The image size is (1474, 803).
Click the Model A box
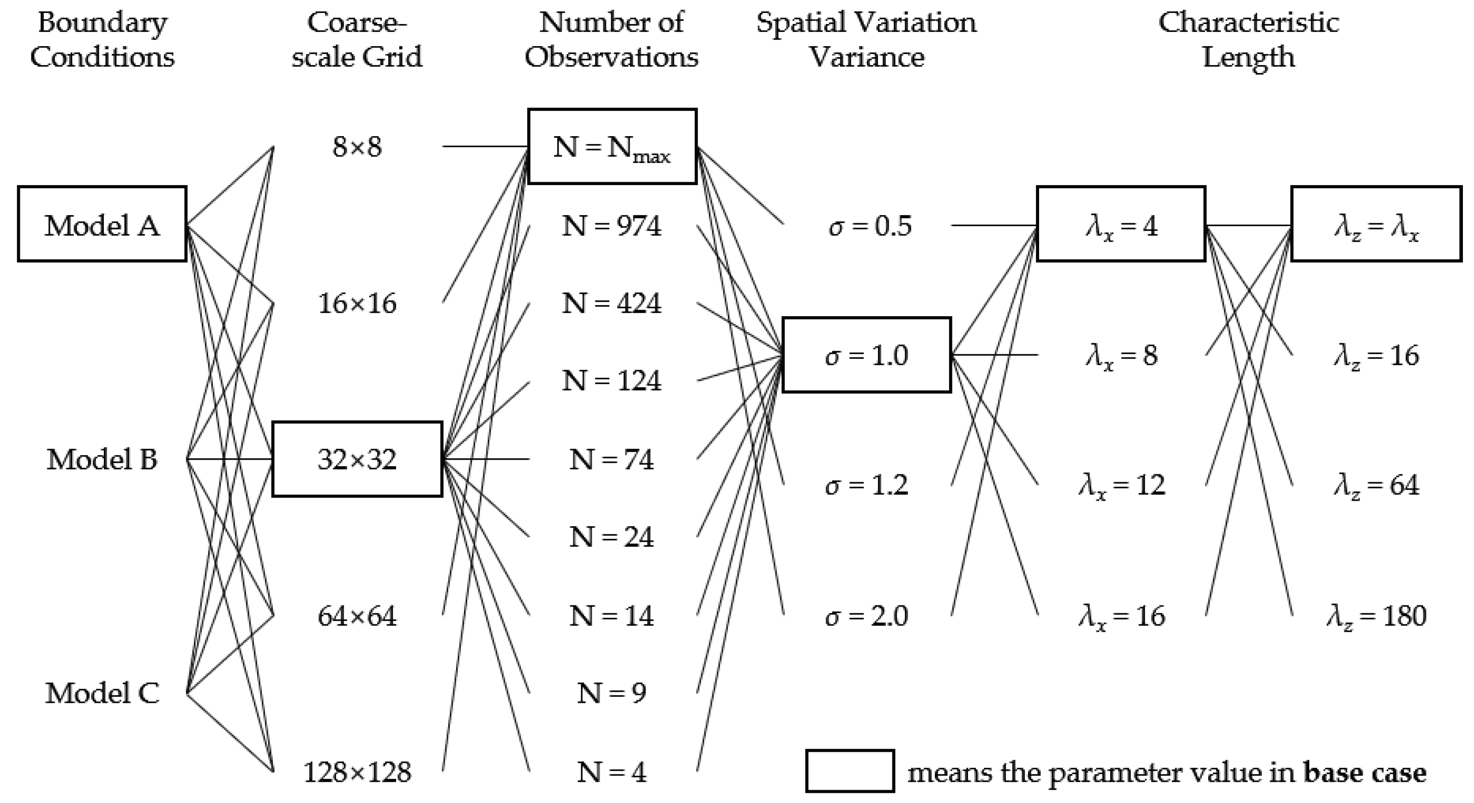click(102, 224)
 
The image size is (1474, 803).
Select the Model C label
click(102, 693)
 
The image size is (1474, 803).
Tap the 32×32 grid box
click(357, 459)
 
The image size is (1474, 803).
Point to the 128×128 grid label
click(357, 772)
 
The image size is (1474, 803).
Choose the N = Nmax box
click(612, 146)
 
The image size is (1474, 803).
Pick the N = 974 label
click(612, 225)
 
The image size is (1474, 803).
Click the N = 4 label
click(612, 772)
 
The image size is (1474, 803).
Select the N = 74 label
click(612, 459)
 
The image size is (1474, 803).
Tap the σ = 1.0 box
click(866, 354)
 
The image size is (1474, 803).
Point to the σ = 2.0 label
click(866, 616)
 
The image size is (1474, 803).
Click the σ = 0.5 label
click(870, 225)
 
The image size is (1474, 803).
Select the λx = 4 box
click(1121, 224)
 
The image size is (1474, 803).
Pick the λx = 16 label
click(1121, 616)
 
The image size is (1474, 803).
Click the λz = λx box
click(1376, 224)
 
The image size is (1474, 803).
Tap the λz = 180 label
click(1376, 616)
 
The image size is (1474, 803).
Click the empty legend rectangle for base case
click(850, 771)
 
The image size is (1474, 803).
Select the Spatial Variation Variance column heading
click(866, 39)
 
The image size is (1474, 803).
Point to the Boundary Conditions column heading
click(102, 39)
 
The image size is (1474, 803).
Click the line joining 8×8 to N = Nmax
click(485, 146)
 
